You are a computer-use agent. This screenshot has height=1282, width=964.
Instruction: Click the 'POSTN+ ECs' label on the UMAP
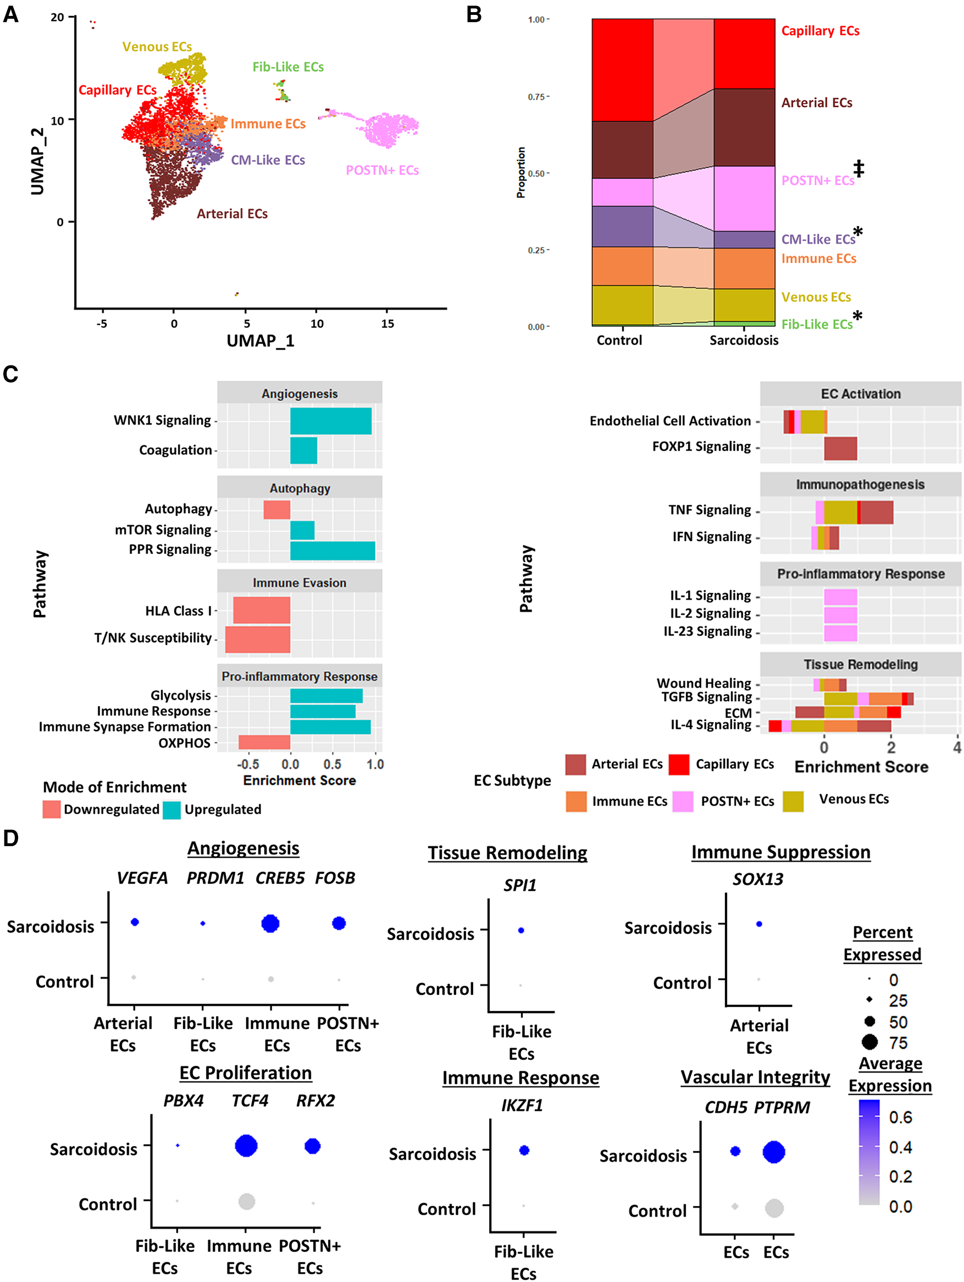tap(382, 170)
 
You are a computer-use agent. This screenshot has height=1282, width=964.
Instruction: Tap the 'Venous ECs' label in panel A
tap(157, 46)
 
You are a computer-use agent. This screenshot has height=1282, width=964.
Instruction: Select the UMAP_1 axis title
tap(260, 340)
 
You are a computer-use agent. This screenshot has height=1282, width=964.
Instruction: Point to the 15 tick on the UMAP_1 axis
tap(388, 324)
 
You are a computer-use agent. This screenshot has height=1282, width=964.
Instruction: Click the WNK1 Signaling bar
tap(331, 421)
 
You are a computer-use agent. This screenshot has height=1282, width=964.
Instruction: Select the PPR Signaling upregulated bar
tap(333, 551)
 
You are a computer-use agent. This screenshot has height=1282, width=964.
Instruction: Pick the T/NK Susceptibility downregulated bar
tap(258, 639)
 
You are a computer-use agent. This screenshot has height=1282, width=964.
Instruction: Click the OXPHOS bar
tap(264, 742)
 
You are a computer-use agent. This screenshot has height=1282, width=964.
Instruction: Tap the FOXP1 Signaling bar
tap(840, 449)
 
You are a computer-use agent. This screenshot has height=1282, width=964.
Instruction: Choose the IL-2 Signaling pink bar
tap(840, 615)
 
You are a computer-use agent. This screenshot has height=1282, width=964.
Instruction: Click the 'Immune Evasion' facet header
tap(299, 583)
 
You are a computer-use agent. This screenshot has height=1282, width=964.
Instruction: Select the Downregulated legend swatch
tap(52, 809)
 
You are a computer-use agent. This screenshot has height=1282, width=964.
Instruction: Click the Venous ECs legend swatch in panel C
tap(793, 801)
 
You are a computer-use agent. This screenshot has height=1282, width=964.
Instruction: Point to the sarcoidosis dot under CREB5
tap(270, 923)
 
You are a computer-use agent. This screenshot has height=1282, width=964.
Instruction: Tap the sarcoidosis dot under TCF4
tap(246, 1146)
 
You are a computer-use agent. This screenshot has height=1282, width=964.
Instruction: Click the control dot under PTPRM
tap(774, 1208)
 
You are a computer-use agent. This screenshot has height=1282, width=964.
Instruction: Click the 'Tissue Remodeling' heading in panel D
tap(507, 853)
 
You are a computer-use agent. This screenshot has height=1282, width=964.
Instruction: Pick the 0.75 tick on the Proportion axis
tap(537, 97)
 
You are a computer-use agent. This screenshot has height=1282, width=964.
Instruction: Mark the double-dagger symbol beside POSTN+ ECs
tap(859, 169)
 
